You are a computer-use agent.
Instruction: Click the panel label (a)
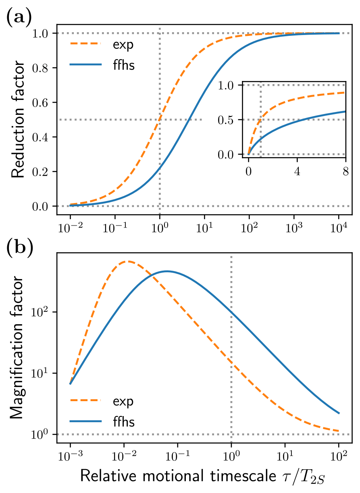[x=19, y=18]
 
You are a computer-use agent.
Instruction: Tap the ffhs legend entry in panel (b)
[x=123, y=422]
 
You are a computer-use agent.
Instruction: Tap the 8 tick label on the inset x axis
[x=346, y=171]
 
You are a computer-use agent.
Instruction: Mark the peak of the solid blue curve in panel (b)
[x=166, y=271]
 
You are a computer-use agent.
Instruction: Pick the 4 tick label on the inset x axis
[x=297, y=171]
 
